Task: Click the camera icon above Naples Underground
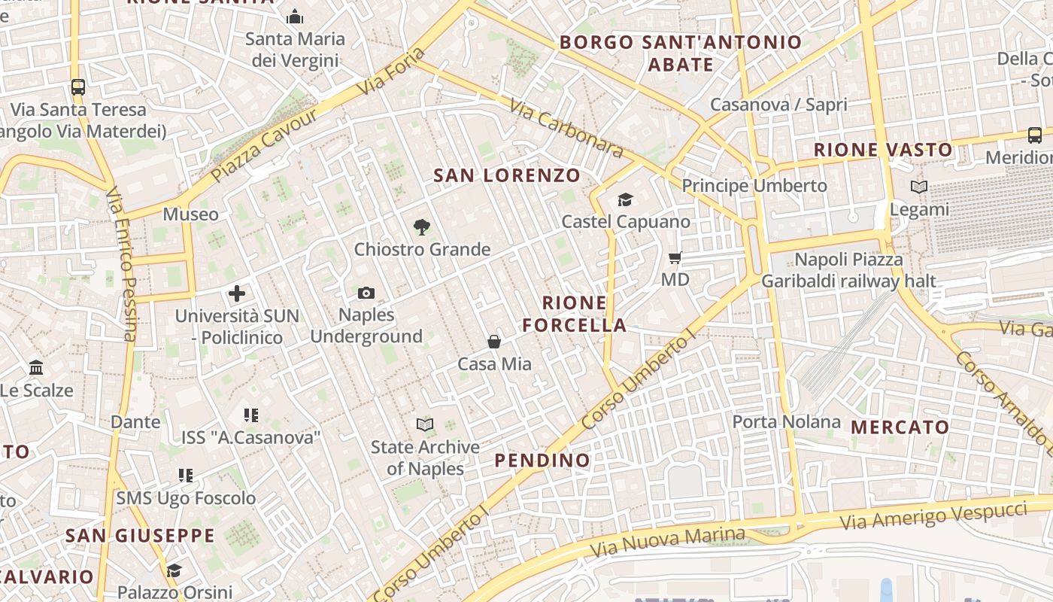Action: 366,293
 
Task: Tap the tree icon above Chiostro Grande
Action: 422,227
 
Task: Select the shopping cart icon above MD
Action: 675,258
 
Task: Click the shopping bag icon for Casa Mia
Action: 494,342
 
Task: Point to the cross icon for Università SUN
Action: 237,293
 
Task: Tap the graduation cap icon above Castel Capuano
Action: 625,199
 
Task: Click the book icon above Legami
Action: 918,187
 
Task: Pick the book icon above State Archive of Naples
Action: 425,425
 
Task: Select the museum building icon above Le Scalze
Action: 36,368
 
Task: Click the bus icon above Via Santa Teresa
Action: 78,87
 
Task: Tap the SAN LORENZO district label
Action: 508,176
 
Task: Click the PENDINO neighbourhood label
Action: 542,460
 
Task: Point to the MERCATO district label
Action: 900,427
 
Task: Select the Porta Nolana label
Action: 787,421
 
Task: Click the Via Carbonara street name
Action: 566,128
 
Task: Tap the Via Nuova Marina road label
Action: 668,541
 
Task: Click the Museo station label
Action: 191,214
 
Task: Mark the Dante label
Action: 135,421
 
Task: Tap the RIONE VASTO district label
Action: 883,150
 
